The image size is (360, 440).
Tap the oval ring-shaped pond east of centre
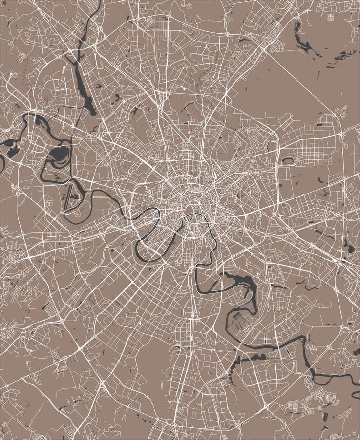click(x=289, y=160)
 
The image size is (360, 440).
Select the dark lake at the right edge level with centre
click(x=348, y=246)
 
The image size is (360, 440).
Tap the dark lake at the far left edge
click(x=9, y=144)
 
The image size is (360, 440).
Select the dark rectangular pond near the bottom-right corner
click(x=356, y=352)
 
